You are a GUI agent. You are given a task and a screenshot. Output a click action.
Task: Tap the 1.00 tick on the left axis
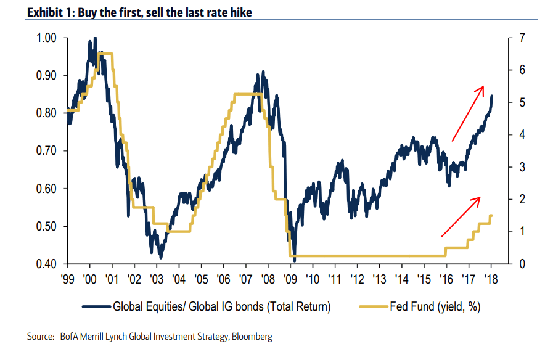coord(47,38)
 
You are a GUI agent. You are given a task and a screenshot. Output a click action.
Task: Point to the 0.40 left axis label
coord(47,264)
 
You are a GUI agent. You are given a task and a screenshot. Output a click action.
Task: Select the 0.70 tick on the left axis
coord(47,151)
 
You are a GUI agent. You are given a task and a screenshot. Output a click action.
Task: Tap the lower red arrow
coord(461,216)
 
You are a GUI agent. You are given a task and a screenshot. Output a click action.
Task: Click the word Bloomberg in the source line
coord(252,337)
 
